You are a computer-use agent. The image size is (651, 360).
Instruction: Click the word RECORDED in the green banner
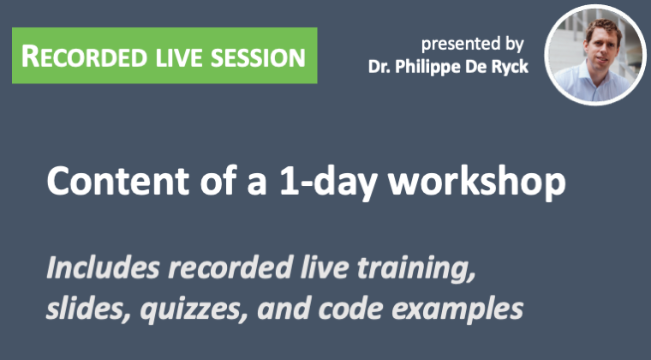click(x=84, y=57)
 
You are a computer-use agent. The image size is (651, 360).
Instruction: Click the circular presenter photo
click(x=596, y=54)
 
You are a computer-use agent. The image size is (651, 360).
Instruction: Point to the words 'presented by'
click(x=473, y=45)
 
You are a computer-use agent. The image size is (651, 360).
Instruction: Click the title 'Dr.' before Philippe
click(x=379, y=67)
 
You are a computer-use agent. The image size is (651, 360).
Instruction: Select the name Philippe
click(x=427, y=67)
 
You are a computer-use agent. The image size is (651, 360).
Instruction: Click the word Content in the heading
click(x=118, y=181)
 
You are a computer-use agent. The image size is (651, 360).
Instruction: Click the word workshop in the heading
click(x=476, y=182)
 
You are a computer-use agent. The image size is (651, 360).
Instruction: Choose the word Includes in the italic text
click(x=103, y=267)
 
